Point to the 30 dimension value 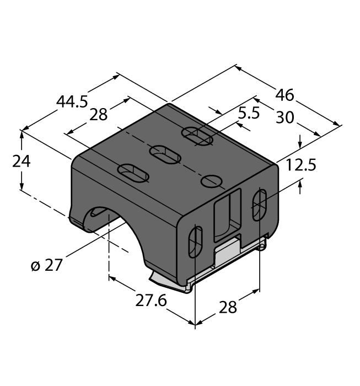tap(284, 117)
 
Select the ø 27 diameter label tap(47, 265)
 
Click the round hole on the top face tap(212, 180)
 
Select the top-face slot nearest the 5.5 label tap(197, 136)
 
